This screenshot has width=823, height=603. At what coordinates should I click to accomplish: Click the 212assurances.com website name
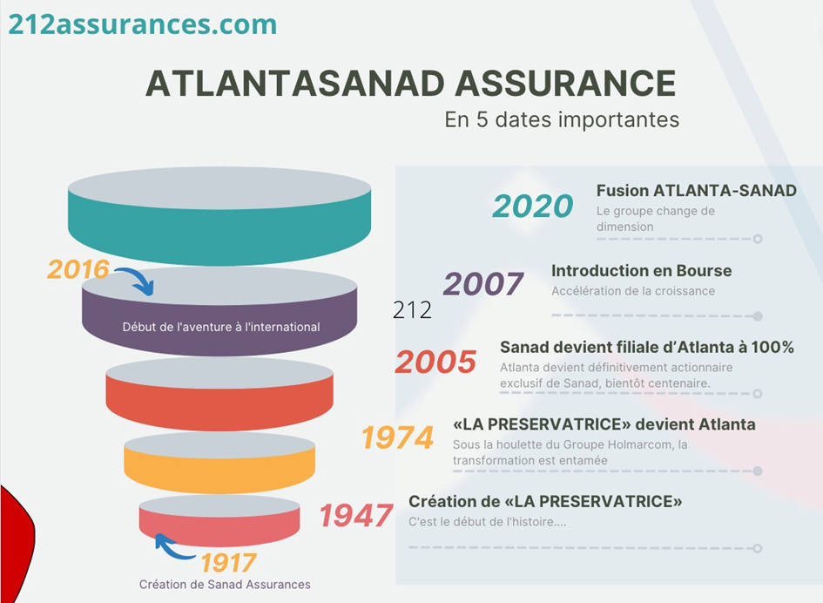(142, 24)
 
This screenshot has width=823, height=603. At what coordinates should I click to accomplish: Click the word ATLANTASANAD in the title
(295, 84)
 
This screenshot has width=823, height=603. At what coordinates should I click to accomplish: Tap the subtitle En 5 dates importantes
(562, 119)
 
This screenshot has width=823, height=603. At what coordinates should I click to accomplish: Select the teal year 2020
(532, 206)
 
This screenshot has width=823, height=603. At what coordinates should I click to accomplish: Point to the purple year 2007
(482, 284)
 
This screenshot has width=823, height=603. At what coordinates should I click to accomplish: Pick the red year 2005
(435, 362)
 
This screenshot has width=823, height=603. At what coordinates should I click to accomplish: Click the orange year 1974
(397, 437)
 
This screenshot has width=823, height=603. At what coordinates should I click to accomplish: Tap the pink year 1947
(356, 515)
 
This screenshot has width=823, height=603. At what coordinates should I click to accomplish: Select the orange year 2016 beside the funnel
(78, 269)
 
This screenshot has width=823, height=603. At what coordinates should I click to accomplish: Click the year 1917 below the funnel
(228, 563)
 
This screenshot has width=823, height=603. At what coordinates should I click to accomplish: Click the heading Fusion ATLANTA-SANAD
(697, 191)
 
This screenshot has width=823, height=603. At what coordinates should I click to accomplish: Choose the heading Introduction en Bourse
(641, 270)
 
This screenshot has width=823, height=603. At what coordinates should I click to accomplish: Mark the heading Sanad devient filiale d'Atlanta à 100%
(646, 347)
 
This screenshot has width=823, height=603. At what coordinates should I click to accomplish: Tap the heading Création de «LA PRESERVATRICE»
(545, 502)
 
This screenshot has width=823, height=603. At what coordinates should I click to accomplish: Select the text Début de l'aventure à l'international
(221, 327)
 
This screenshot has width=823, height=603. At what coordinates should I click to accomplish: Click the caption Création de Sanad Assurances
(225, 584)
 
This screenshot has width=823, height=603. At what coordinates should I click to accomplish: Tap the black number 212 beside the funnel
(412, 310)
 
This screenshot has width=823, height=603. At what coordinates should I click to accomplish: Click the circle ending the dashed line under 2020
(758, 239)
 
